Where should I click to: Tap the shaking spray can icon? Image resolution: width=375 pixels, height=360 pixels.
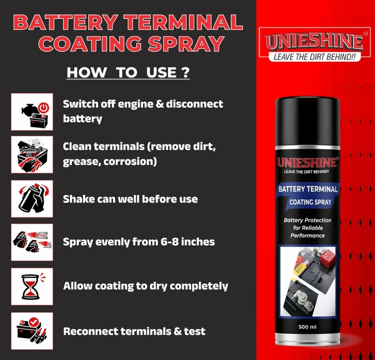coord(32,199)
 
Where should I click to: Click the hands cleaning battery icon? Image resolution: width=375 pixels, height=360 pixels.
coord(32,154)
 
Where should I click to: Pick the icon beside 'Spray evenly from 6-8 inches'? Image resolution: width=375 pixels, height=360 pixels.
coord(32,242)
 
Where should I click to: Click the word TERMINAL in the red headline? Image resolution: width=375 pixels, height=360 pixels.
coord(183,22)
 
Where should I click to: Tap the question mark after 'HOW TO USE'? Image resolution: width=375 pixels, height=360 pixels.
coord(186,72)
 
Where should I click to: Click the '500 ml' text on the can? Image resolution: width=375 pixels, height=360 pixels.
coord(307,327)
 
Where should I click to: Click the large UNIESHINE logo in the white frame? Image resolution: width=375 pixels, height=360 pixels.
coord(314,42)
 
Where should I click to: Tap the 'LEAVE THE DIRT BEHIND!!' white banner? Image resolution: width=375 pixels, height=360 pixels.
coord(314,57)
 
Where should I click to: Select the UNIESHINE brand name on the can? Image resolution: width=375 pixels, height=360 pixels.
coord(307,162)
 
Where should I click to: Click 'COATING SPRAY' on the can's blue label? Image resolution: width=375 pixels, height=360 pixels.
coord(310,202)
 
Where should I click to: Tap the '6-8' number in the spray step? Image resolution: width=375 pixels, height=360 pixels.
coord(169,242)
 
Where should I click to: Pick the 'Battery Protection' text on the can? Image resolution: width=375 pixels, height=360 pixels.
coord(307,220)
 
